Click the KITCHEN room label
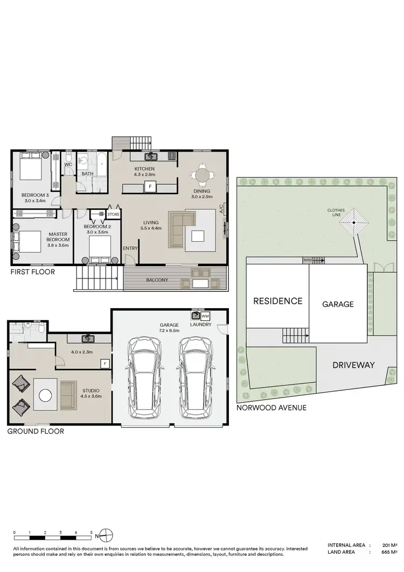(144, 169)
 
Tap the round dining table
(202, 175)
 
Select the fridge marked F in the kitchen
(150, 187)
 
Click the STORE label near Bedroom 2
(113, 214)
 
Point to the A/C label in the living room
(221, 209)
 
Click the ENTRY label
(130, 248)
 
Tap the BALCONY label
(157, 280)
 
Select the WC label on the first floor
(68, 164)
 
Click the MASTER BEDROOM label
(58, 238)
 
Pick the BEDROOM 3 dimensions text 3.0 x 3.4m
(36, 201)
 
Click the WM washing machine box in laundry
(205, 316)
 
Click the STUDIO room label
(91, 391)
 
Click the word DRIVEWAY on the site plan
(353, 365)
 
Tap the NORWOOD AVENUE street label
(271, 408)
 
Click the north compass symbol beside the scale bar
(106, 535)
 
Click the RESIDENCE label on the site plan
(277, 301)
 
